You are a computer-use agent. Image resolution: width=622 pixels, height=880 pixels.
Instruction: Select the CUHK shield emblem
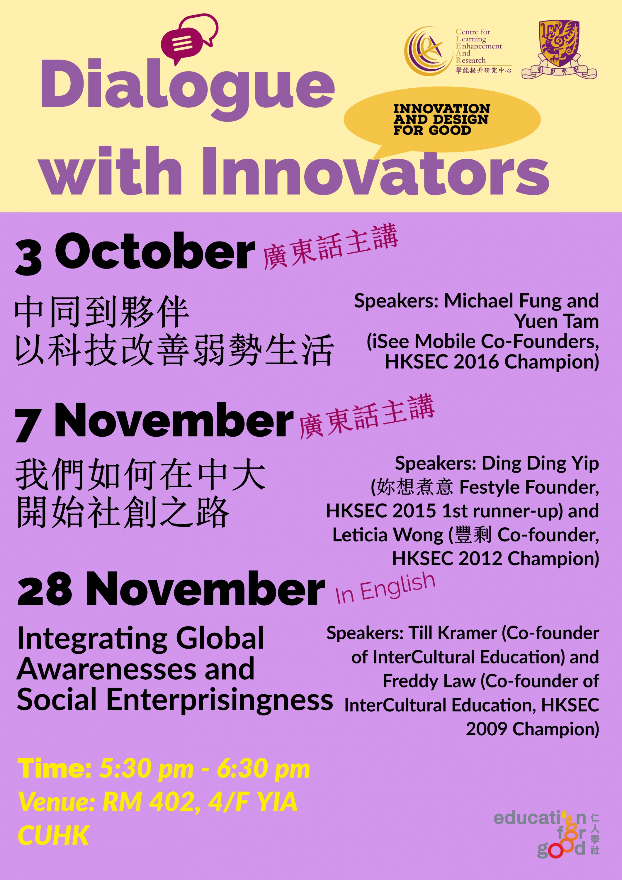coord(559,50)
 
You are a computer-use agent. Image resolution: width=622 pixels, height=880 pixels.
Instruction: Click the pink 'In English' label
coord(385,589)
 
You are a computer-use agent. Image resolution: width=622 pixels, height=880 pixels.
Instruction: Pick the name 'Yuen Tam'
coord(556,321)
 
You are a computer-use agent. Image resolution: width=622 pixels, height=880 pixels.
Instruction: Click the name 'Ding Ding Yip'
coord(540,464)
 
